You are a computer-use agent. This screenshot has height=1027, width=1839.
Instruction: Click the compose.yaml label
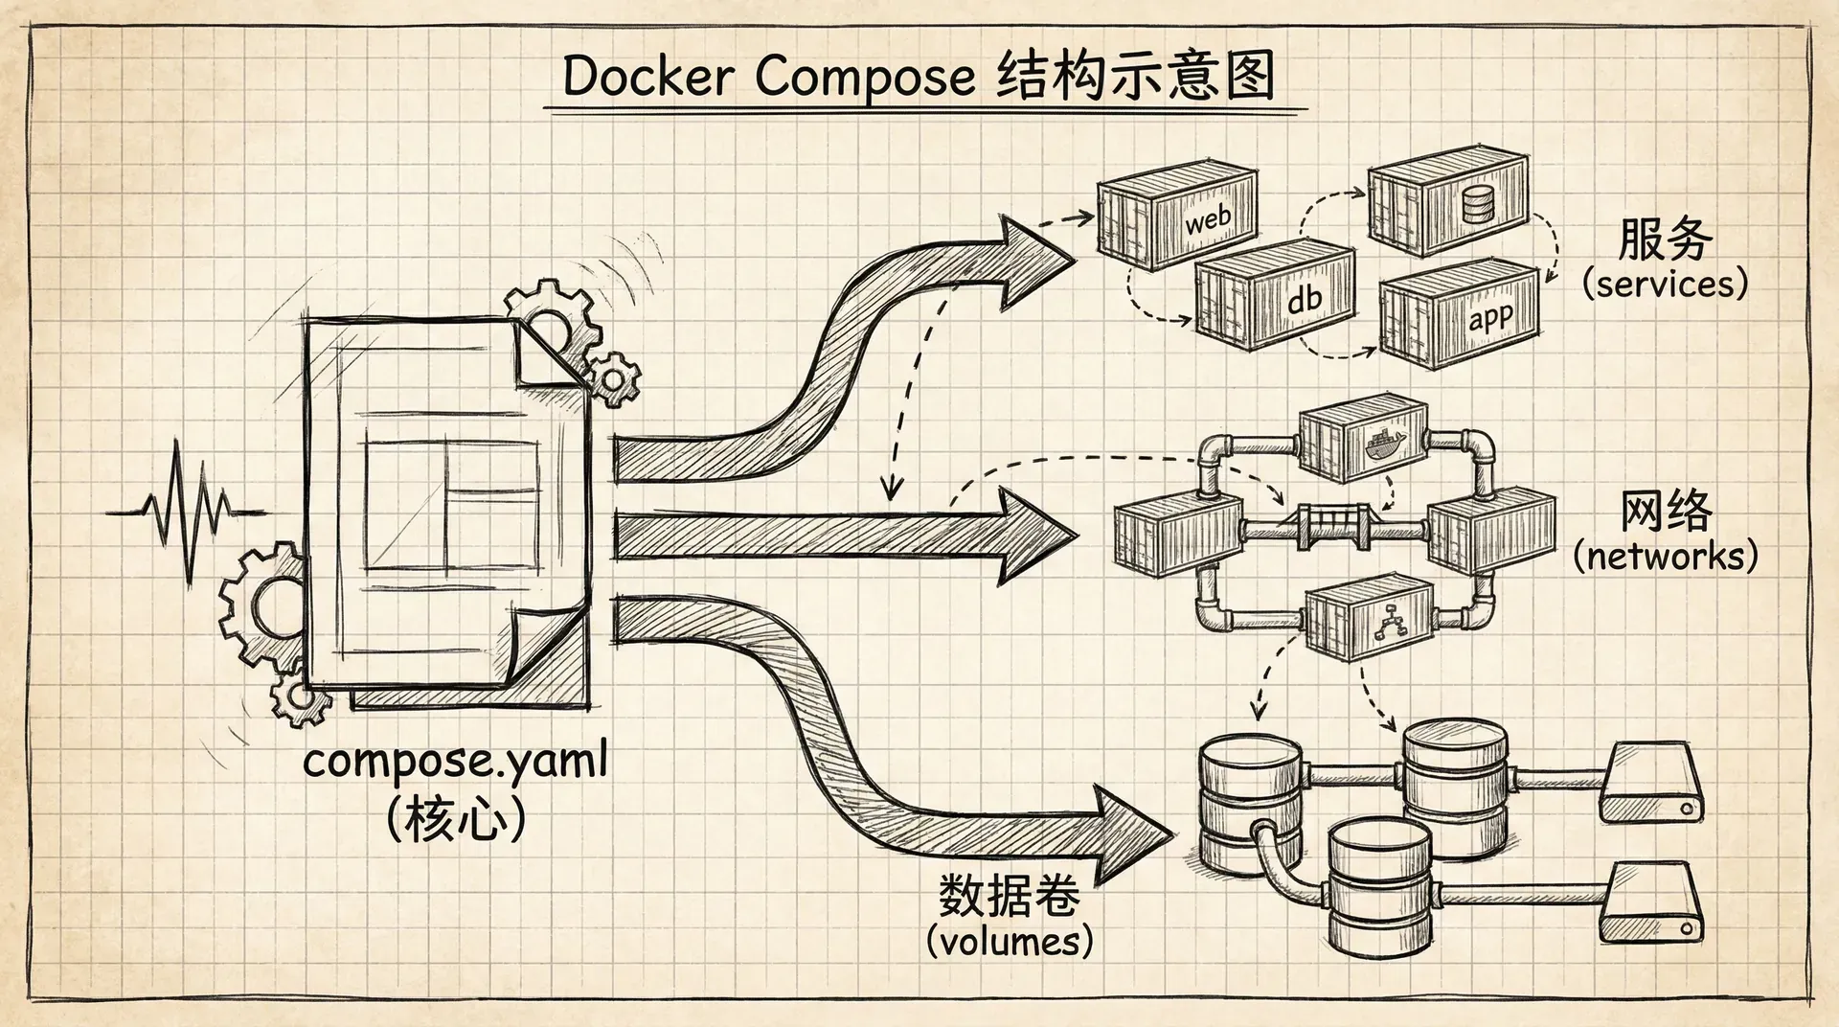(x=456, y=762)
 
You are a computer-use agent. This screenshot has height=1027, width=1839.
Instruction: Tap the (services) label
(x=1665, y=284)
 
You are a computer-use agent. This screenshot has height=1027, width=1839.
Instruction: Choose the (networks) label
(x=1666, y=556)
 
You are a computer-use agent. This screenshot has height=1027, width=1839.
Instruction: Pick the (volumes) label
(x=1010, y=941)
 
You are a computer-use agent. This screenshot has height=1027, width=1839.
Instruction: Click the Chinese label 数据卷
(x=1010, y=895)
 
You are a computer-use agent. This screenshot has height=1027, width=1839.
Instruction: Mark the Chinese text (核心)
(x=456, y=820)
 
